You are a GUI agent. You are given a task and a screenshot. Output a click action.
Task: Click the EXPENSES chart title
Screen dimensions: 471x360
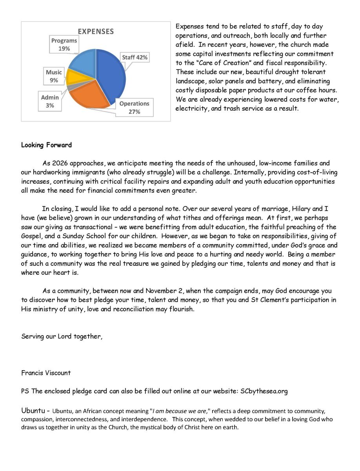pos(96,31)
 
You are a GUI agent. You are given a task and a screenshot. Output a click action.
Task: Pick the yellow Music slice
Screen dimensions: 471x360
pos(73,77)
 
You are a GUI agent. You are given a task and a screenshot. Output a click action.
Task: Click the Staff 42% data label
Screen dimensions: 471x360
pos(135,57)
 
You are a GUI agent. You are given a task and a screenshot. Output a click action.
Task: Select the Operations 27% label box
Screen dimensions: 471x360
pos(134,108)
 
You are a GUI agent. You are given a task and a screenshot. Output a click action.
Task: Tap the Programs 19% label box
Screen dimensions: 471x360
pos(64,44)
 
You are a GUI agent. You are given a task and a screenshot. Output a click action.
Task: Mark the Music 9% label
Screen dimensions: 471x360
pos(54,76)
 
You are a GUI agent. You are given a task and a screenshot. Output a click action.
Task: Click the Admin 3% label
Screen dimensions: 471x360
pos(50,101)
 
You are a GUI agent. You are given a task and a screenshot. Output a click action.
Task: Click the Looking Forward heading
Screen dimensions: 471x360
pos(46,145)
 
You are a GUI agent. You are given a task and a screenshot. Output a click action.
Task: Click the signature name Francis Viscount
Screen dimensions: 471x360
pos(46,373)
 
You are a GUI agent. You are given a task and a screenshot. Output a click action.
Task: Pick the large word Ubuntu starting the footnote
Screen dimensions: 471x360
pos(33,411)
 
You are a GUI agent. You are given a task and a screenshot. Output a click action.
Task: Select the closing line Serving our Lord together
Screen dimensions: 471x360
pos(62,336)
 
